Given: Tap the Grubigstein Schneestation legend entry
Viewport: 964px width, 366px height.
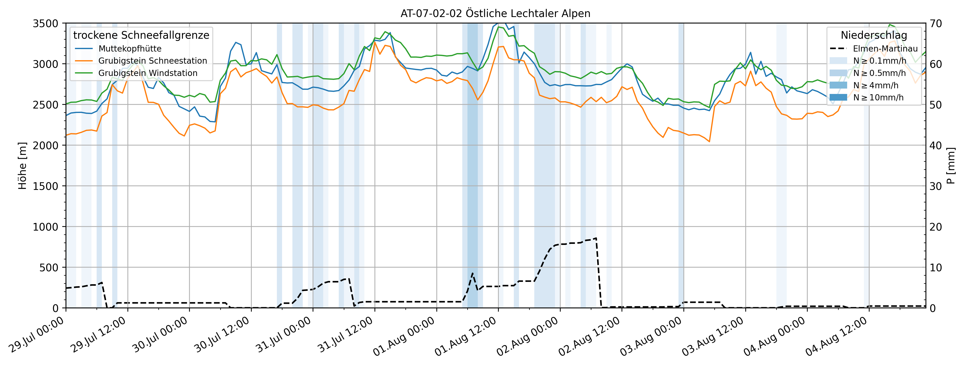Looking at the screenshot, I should click(x=152, y=61).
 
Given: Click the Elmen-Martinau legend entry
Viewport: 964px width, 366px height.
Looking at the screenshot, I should click(x=885, y=49).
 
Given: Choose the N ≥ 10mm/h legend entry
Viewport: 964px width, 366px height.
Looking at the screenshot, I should click(x=878, y=98).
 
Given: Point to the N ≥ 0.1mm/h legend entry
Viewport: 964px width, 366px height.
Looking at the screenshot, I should click(x=879, y=61).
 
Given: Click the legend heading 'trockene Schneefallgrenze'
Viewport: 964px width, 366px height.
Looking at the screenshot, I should click(x=141, y=35).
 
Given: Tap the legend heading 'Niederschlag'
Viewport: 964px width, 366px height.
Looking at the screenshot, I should click(x=874, y=35).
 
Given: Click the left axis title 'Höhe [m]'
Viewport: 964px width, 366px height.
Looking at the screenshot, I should click(x=22, y=165).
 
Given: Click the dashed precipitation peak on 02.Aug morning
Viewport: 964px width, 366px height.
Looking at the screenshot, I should click(x=596, y=238).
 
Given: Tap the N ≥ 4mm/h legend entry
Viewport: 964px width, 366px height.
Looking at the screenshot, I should click(x=876, y=85).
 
